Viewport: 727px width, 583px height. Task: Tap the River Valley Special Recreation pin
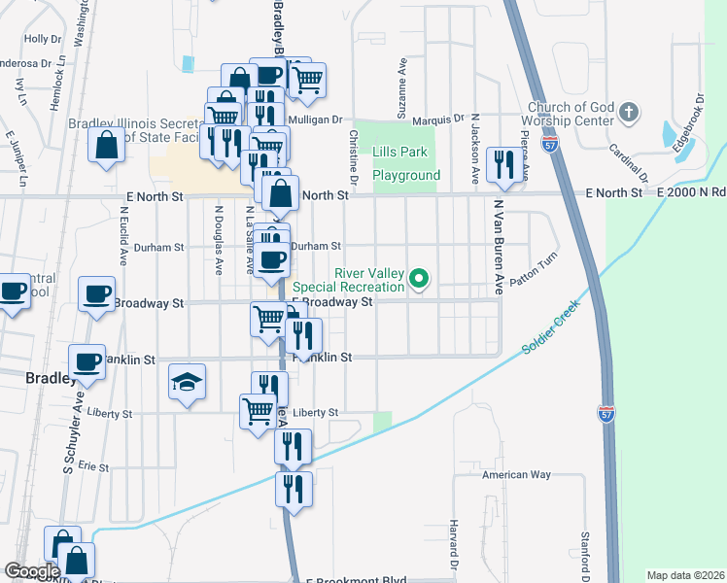tap(419, 280)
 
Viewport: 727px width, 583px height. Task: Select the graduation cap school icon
tap(187, 383)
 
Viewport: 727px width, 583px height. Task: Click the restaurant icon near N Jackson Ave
tap(503, 165)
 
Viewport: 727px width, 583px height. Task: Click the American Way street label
tap(516, 475)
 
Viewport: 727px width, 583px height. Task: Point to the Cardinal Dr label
tap(628, 161)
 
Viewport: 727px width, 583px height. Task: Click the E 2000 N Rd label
tap(691, 193)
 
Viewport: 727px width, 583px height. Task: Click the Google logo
tap(32, 571)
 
